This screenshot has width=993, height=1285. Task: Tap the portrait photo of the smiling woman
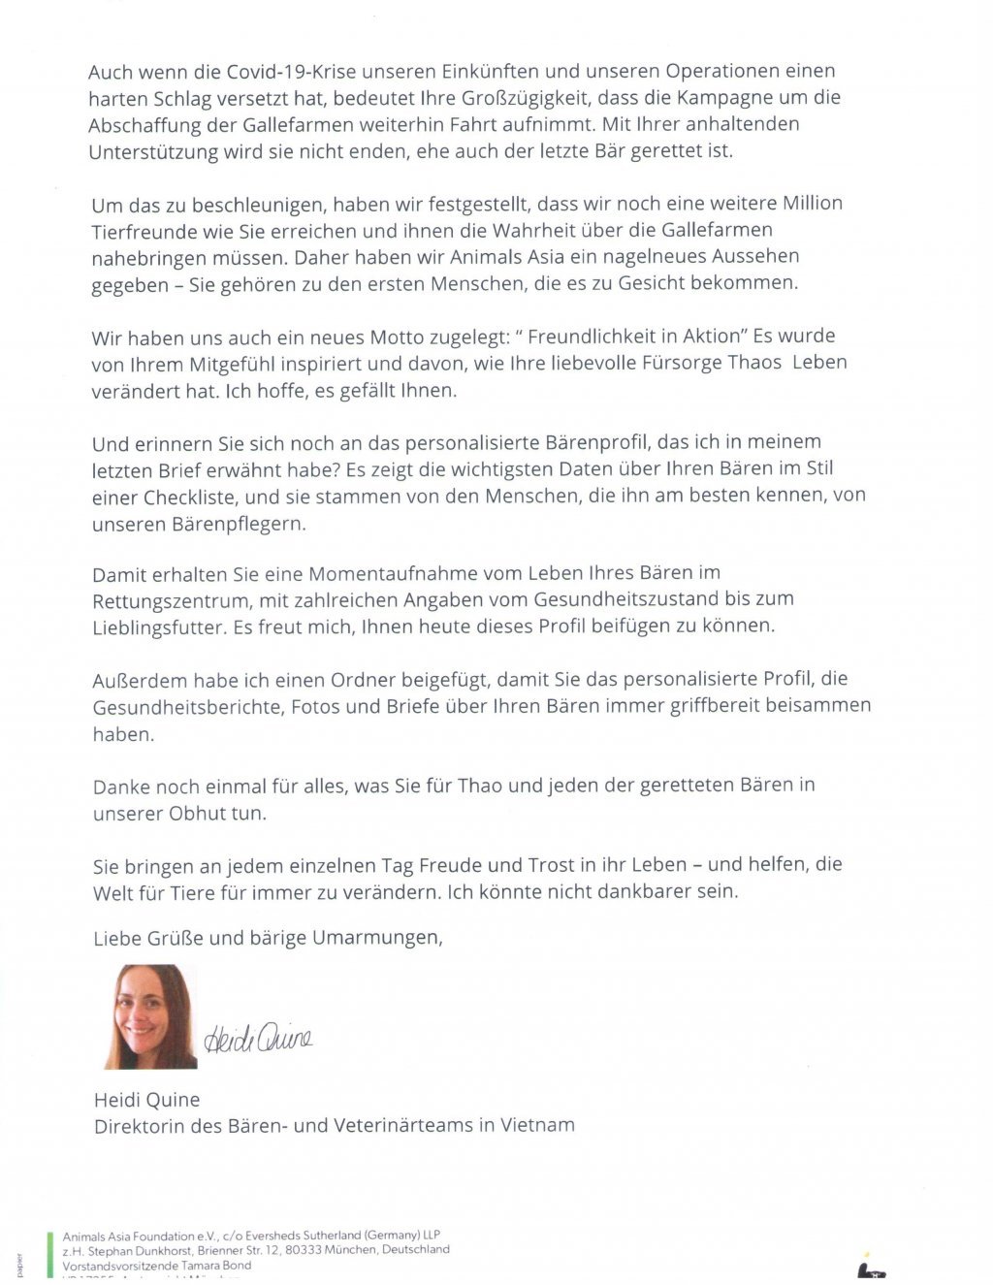pos(151,1015)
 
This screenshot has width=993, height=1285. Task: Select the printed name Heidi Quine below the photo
pos(147,1099)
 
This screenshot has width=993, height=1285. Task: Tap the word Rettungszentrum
pos(170,599)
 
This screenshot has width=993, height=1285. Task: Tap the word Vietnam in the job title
pos(537,1125)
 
